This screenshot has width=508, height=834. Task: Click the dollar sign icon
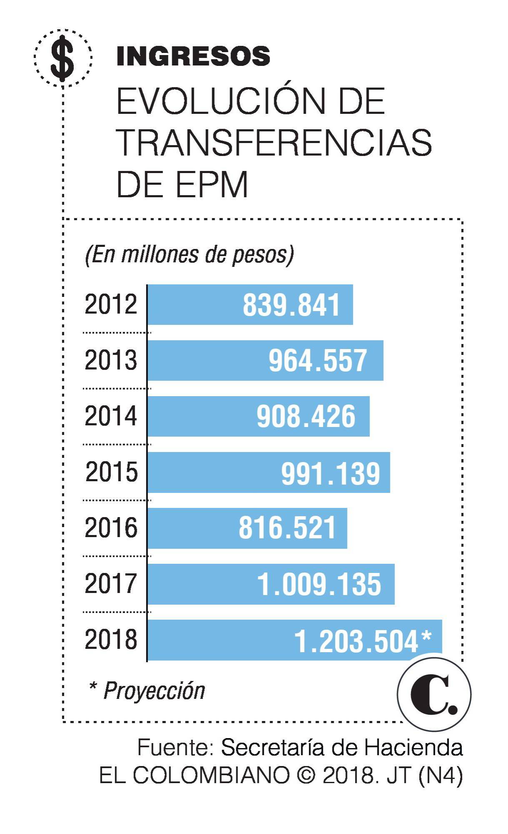pyautogui.click(x=63, y=58)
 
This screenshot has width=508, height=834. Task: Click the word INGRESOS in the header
pyautogui.click(x=193, y=56)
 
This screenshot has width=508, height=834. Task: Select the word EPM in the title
pyautogui.click(x=212, y=184)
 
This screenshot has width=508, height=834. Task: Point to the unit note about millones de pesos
pyautogui.click(x=189, y=254)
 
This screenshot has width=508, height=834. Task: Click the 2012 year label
pyautogui.click(x=111, y=304)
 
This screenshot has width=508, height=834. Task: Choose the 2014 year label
pyautogui.click(x=111, y=416)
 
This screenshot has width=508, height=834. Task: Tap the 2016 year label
pyautogui.click(x=111, y=528)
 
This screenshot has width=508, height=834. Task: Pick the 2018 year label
pyautogui.click(x=111, y=640)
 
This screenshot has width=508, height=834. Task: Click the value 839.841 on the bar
pyautogui.click(x=291, y=305)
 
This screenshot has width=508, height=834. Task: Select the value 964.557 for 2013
pyautogui.click(x=318, y=361)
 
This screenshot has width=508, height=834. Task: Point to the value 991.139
pyautogui.click(x=330, y=473)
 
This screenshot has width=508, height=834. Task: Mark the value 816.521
pyautogui.click(x=287, y=528)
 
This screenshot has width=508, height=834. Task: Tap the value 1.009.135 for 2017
pyautogui.click(x=319, y=584)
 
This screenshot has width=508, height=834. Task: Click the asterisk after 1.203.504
pyautogui.click(x=426, y=637)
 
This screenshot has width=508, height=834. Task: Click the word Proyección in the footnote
pyautogui.click(x=154, y=691)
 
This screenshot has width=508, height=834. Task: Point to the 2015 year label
pyautogui.click(x=112, y=472)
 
